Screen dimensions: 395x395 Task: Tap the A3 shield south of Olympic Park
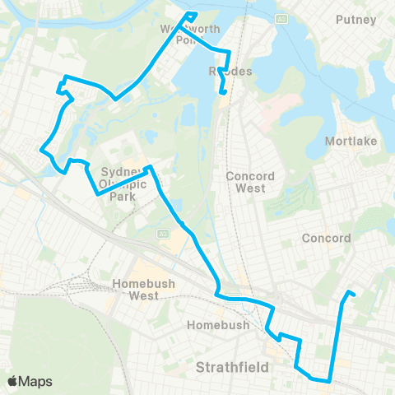click(161, 234)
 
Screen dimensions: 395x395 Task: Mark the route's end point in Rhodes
click(222, 95)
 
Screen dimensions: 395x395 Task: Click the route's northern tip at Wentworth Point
click(192, 14)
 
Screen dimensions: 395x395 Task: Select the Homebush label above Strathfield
click(211, 325)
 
